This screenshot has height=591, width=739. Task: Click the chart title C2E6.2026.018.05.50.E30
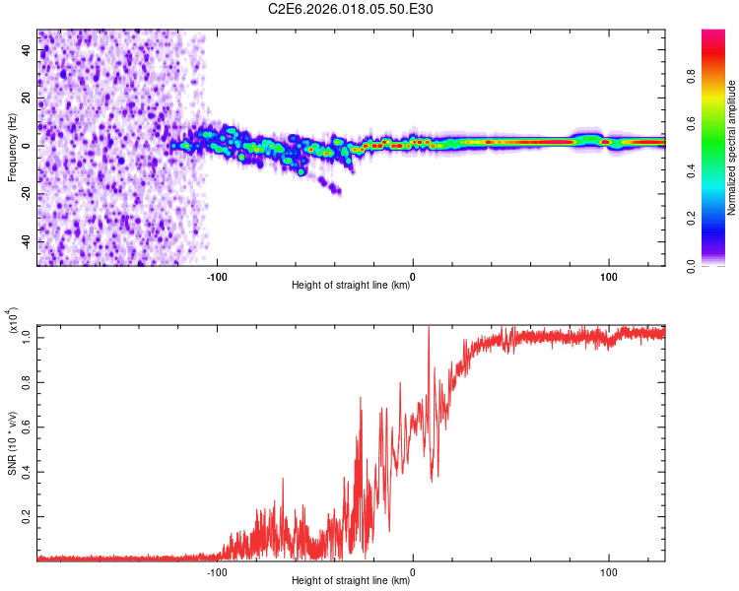point(352,9)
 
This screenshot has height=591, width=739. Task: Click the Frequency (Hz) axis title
point(12,148)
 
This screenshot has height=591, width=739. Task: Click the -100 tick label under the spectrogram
point(217,276)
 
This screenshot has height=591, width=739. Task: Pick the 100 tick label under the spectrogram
point(609,276)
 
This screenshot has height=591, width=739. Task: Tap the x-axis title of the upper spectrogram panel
point(351,286)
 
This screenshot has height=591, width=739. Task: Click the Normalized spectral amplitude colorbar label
point(732,148)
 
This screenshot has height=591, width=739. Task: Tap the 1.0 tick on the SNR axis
point(27,337)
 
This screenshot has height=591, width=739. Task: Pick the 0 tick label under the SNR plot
point(413,571)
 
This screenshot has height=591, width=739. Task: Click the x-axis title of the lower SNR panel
point(351,581)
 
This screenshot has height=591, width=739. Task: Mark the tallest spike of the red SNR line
point(429,328)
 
